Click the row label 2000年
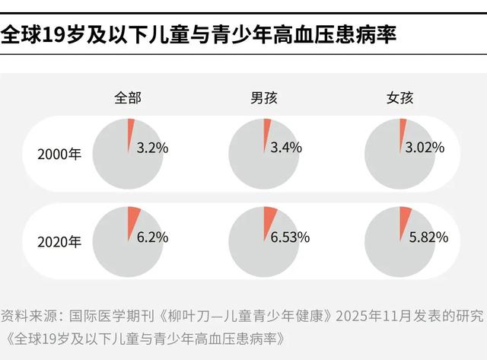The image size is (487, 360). pyautogui.click(x=59, y=152)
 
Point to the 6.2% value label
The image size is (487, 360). pyautogui.click(x=152, y=237)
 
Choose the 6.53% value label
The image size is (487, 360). pyautogui.click(x=290, y=237)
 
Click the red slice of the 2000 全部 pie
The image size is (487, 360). pyautogui.click(x=131, y=128)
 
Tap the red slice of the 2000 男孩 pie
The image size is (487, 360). pyautogui.click(x=267, y=128)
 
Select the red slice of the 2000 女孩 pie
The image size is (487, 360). pyautogui.click(x=404, y=128)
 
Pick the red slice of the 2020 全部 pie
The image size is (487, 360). pyautogui.click(x=133, y=217)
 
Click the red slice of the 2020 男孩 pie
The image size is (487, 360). pyautogui.click(x=270, y=217)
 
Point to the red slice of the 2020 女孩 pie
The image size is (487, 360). pyautogui.click(x=406, y=217)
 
